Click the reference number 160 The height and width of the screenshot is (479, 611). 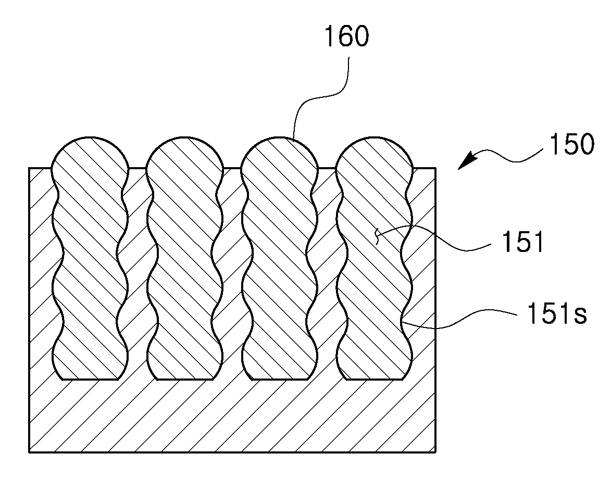[346, 37]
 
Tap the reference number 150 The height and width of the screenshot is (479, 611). [571, 144]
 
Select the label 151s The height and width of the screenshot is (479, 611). [557, 313]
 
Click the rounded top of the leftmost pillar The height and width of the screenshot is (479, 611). [90, 137]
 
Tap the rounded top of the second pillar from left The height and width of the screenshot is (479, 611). [185, 137]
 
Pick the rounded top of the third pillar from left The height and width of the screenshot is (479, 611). [280, 137]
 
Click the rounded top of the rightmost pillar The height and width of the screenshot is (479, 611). [375, 137]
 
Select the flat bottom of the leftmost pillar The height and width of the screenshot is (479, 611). [90, 380]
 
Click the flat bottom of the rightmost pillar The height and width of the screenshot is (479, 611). [375, 380]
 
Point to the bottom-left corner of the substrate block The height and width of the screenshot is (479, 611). [30, 452]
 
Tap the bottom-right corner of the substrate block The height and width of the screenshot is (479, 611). [435, 452]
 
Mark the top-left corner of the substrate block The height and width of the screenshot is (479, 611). [30, 168]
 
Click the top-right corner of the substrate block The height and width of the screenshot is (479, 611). [435, 168]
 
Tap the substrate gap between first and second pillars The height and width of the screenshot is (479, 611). [138, 273]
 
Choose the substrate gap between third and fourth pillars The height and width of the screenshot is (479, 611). [327, 273]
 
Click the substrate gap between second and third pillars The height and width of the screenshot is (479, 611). [232, 273]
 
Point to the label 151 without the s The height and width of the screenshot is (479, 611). [522, 242]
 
